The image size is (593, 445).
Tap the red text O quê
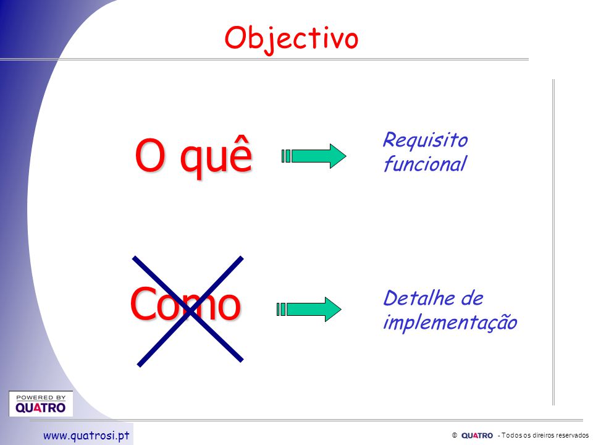pos(193,156)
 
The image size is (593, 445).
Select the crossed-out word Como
pos(185,304)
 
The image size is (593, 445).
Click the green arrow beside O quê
pos(314,156)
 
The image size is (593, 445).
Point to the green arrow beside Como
pos(309,309)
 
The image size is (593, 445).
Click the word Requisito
pos(426,140)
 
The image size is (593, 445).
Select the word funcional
pos(425,164)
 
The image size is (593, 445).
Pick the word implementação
pos(450,323)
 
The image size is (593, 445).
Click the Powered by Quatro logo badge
pos(41,404)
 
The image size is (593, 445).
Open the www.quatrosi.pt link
pos(86,436)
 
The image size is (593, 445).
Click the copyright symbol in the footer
pos(455,435)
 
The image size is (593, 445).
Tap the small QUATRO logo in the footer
pos(477,436)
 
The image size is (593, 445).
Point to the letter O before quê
pos(149,155)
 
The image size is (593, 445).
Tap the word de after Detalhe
pos(472,298)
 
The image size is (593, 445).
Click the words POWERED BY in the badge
pos(41,397)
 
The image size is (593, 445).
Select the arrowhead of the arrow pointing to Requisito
pos(338,156)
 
